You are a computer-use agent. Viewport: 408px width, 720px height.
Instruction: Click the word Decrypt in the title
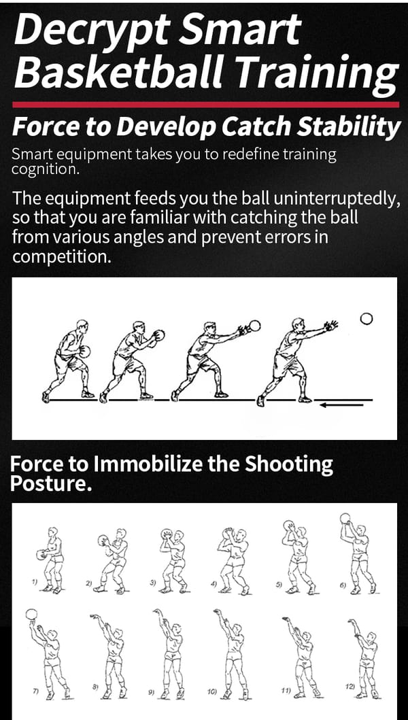[90, 29]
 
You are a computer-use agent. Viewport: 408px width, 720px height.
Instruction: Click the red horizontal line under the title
[205, 105]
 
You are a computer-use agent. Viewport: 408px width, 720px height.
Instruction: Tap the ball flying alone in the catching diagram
[367, 319]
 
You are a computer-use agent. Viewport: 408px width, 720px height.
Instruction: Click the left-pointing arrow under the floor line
[342, 405]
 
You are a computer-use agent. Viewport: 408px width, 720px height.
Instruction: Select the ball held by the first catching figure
[84, 352]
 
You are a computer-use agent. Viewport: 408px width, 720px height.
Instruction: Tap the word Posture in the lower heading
[48, 484]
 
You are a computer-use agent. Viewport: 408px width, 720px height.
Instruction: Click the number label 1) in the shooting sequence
[34, 582]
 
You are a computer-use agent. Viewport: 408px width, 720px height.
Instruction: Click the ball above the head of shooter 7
[31, 615]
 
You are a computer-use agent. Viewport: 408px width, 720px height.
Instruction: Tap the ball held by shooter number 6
[345, 519]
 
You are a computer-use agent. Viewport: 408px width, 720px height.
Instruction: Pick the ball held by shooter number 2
[103, 541]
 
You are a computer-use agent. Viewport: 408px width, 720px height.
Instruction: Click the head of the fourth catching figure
[298, 323]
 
